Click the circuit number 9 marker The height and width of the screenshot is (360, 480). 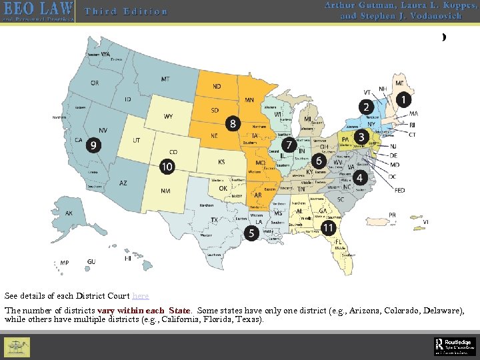[94, 144]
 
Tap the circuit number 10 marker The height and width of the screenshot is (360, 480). [167, 166]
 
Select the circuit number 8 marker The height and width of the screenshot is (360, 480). [232, 123]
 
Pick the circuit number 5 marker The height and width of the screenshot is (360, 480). [251, 233]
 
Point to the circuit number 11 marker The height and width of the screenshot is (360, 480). [328, 227]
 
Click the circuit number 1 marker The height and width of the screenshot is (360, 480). [403, 99]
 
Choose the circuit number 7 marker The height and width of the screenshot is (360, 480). [289, 145]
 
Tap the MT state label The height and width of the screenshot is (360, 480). [165, 79]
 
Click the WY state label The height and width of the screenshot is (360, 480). [169, 117]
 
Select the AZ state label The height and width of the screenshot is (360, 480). [123, 183]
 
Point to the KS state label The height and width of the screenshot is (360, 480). [221, 162]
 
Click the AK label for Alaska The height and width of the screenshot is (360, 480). [69, 213]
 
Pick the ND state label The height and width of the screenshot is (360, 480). [217, 87]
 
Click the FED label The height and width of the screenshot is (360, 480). [400, 190]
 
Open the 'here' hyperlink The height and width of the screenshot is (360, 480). [141, 295]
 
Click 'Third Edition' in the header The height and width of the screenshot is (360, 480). [126, 11]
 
